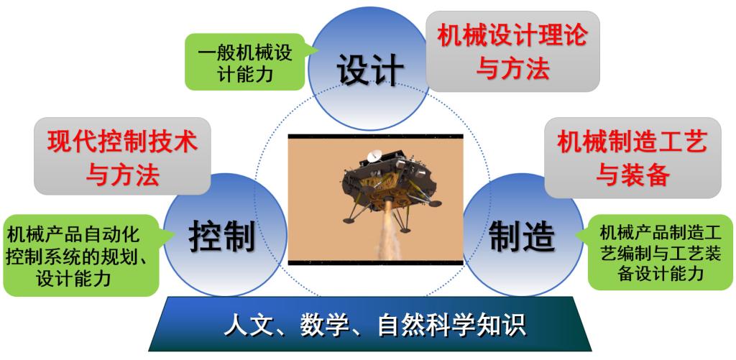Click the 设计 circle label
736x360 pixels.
pyautogui.click(x=370, y=70)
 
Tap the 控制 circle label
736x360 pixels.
pyautogui.click(x=222, y=236)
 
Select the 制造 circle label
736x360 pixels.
pyautogui.click(x=522, y=236)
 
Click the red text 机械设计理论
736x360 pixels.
pyautogui.click(x=512, y=36)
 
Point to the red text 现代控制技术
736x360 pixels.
pyautogui.click(x=122, y=142)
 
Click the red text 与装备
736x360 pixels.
pyautogui.click(x=632, y=175)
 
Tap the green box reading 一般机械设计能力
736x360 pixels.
pyautogui.click(x=246, y=62)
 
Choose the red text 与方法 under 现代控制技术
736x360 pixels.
pyautogui.click(x=122, y=175)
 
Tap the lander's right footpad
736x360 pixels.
pyautogui.click(x=435, y=203)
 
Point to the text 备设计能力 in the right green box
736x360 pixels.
pyautogui.click(x=661, y=273)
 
